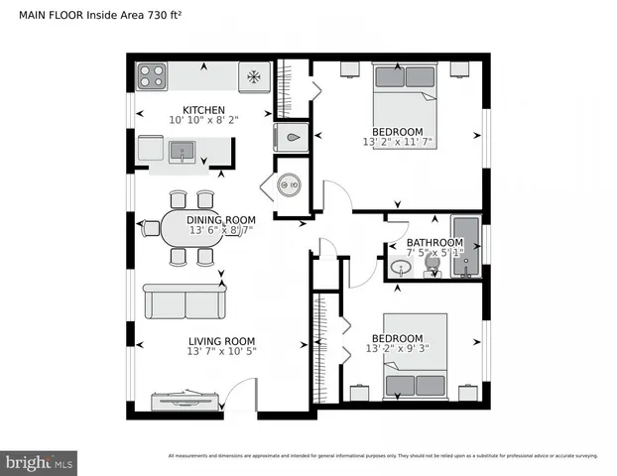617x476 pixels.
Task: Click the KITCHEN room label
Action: point(203,109)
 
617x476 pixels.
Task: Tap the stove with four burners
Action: point(151,75)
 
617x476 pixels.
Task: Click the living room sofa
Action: point(185,301)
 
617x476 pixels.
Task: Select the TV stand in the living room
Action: point(185,401)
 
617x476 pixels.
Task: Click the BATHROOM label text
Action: point(434,243)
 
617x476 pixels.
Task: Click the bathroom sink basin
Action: point(402,267)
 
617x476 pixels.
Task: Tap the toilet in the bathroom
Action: point(433,268)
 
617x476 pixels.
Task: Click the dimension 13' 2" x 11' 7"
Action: point(397,143)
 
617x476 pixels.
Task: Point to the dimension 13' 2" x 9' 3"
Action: point(397,349)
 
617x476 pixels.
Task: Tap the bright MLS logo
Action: point(40,462)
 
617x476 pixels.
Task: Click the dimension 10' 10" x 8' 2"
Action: point(203,120)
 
